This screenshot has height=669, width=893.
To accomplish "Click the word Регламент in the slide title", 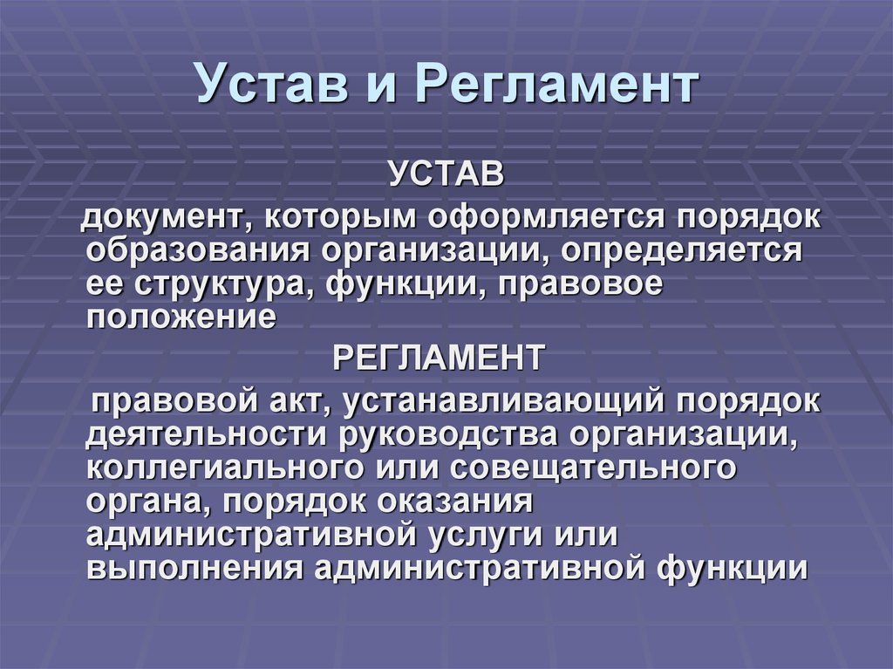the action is (x=556, y=85).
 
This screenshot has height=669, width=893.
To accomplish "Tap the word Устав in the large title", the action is (x=272, y=84).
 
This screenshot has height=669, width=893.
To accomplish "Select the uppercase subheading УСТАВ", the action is (x=447, y=174).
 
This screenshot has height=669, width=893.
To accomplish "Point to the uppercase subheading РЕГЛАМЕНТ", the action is (x=438, y=358).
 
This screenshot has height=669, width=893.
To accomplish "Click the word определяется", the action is (x=681, y=251).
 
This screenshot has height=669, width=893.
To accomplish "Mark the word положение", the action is (x=181, y=317).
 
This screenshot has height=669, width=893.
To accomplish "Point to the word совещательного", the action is (x=593, y=468).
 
